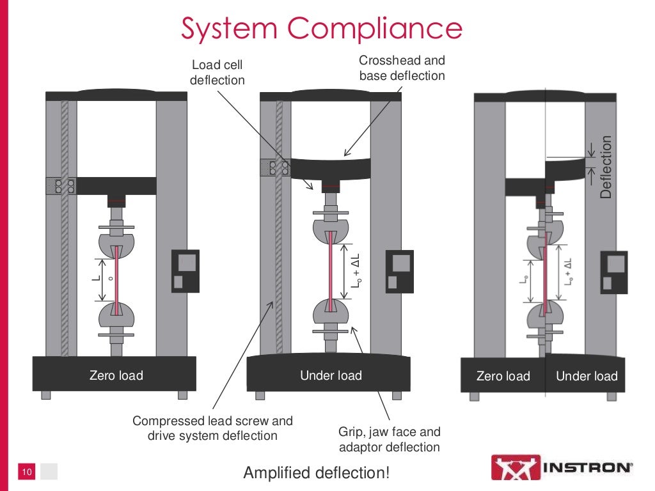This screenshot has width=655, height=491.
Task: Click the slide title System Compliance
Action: click(322, 28)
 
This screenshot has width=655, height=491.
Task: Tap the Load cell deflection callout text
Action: click(217, 72)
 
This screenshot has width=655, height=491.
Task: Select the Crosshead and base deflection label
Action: click(401, 68)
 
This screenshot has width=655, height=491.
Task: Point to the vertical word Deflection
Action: click(605, 166)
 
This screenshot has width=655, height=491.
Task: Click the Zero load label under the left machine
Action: click(116, 375)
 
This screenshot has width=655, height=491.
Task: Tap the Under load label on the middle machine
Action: click(331, 375)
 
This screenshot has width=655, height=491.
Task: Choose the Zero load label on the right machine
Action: click(503, 376)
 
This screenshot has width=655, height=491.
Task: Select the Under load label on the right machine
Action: click(587, 376)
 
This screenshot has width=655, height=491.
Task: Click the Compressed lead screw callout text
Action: click(212, 428)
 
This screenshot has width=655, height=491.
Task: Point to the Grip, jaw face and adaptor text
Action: click(389, 439)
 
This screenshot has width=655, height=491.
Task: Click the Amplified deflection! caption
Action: click(316, 473)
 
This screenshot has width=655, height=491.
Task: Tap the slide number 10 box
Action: click(28, 472)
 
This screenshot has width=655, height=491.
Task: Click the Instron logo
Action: click(562, 467)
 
